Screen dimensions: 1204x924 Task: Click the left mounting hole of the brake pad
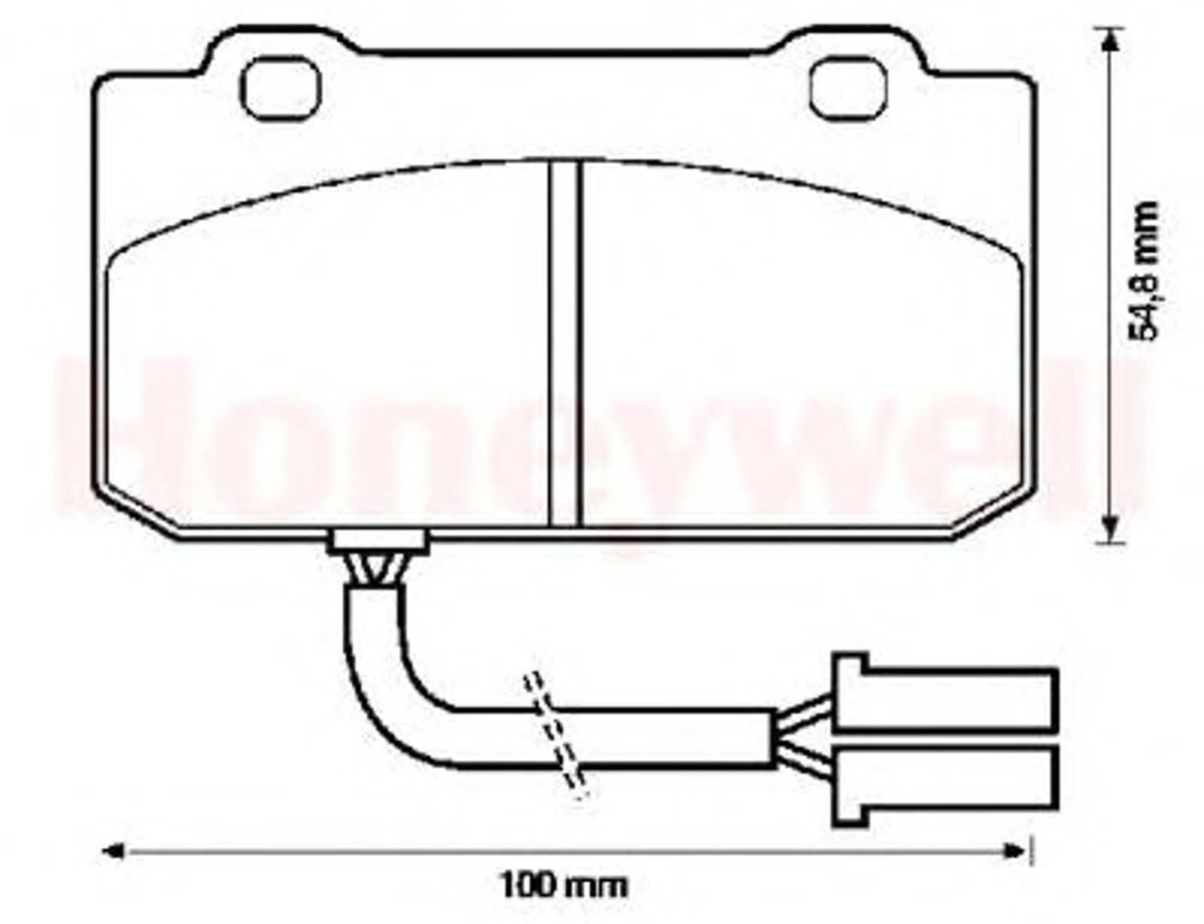tap(281, 89)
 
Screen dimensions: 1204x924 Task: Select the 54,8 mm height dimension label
tap(1142, 271)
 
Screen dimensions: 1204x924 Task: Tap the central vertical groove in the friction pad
tap(564, 343)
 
